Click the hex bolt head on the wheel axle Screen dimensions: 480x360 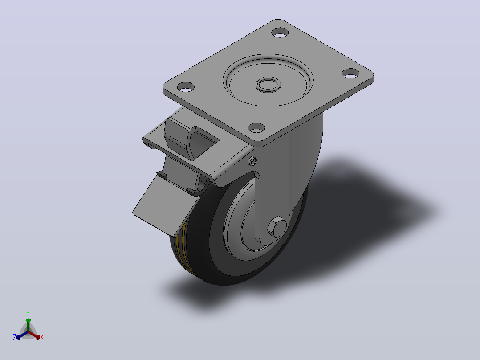[x=277, y=227]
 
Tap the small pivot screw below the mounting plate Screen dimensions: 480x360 [x=252, y=161]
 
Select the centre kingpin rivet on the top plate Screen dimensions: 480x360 [x=268, y=84]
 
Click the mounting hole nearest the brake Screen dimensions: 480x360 [x=186, y=87]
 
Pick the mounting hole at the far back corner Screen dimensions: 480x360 [x=280, y=32]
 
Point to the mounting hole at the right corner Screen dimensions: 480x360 [x=350, y=73]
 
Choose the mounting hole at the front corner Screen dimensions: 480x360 [x=256, y=127]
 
